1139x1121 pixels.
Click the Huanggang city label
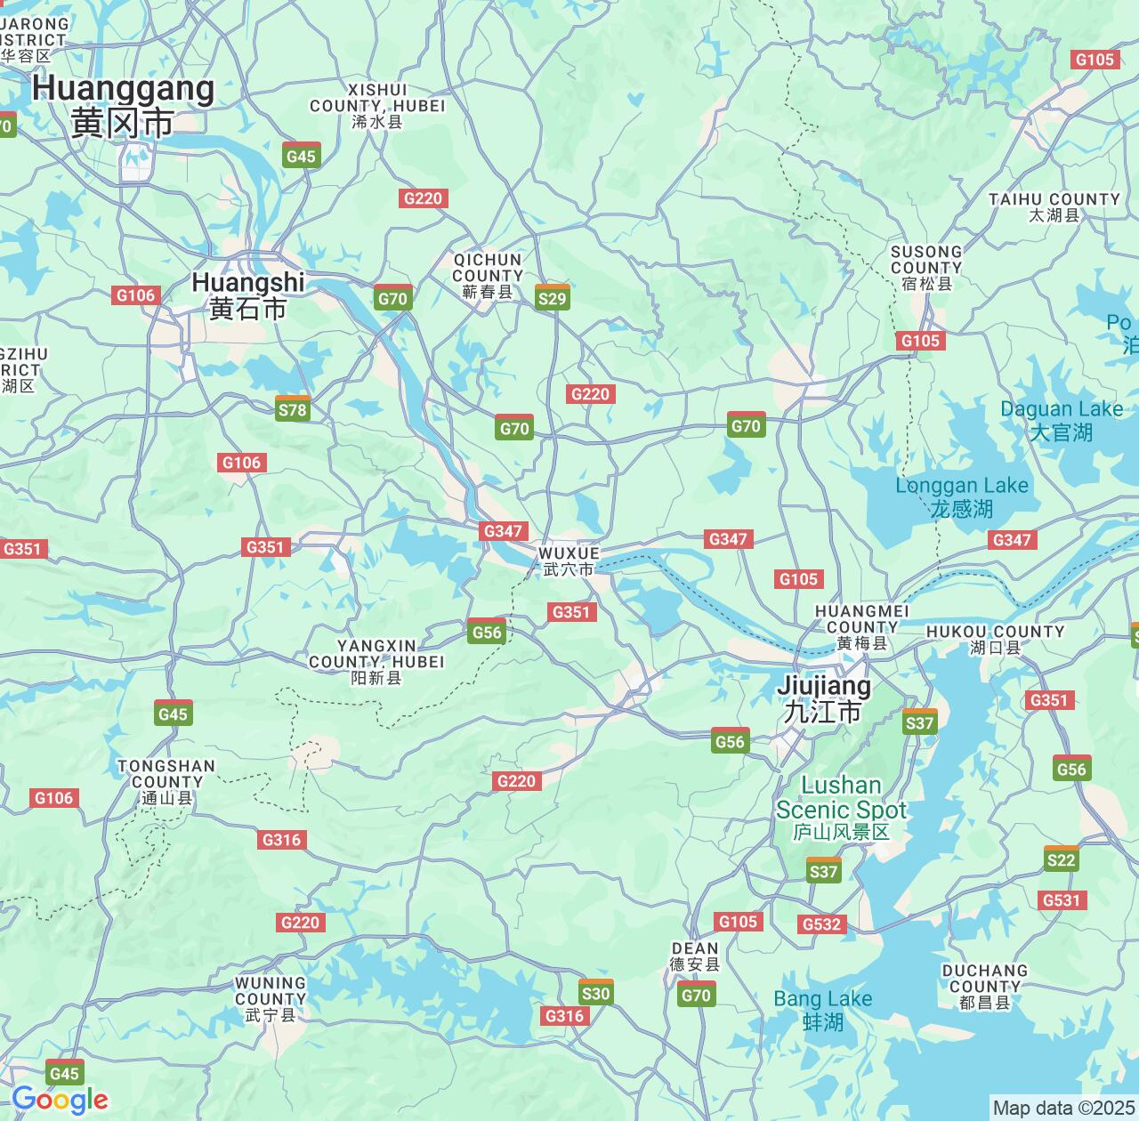pos(123,105)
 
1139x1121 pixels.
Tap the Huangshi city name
pos(247,294)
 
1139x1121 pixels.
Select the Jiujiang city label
pos(824,698)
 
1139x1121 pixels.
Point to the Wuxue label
pos(569,561)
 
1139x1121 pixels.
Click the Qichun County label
pos(488,276)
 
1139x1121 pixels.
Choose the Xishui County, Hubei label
pos(377,106)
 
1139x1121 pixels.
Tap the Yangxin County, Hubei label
pos(376,662)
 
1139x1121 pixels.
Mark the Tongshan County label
pos(166,782)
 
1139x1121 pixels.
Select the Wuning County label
pos(270,999)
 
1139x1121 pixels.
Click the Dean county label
pos(694,956)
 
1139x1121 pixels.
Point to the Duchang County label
pos(984,987)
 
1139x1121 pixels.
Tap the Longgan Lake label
pos(962,496)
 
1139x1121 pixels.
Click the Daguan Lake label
pos(1062,421)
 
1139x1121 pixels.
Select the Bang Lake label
pos(823,1010)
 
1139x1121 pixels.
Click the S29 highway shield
pos(553,298)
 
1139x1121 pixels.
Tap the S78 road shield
pos(293,409)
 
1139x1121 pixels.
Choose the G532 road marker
pos(821,924)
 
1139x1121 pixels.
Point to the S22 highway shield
pos(1061,859)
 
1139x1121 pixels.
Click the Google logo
pos(60,1101)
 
